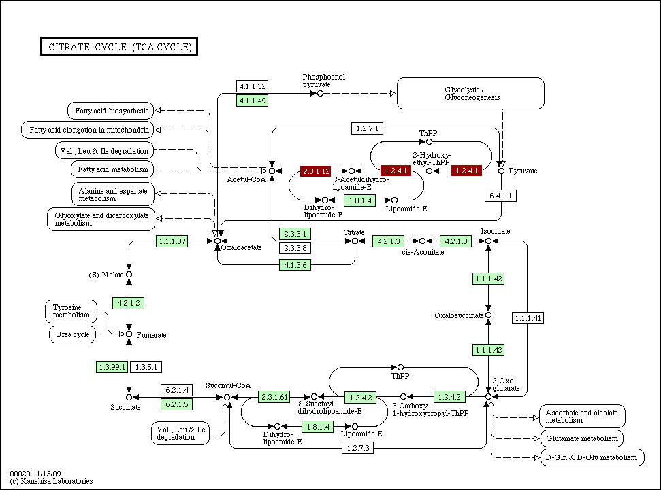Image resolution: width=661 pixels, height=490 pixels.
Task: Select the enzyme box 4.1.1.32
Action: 252,86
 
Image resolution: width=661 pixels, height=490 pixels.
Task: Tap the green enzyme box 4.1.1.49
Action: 252,101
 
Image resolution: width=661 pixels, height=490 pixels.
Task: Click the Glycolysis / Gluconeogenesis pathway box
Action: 470,93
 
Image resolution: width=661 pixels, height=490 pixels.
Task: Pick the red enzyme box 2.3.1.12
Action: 317,171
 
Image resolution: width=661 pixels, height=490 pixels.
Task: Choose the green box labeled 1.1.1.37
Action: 172,241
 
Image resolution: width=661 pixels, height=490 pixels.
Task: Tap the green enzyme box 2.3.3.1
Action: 295,234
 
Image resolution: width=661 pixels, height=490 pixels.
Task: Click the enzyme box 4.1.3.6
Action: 295,264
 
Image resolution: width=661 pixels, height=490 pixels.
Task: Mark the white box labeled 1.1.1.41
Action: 528,318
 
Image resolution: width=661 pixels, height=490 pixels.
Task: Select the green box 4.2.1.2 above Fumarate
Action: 129,302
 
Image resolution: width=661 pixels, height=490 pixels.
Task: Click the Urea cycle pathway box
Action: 73,334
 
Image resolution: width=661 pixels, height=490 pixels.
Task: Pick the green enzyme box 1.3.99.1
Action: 112,367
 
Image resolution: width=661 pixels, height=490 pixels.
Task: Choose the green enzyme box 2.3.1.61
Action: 275,397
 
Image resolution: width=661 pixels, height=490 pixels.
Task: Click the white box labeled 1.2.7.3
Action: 358,448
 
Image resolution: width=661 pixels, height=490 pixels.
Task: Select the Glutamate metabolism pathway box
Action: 581,438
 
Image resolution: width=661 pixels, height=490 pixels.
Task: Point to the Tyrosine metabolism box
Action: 71,311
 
